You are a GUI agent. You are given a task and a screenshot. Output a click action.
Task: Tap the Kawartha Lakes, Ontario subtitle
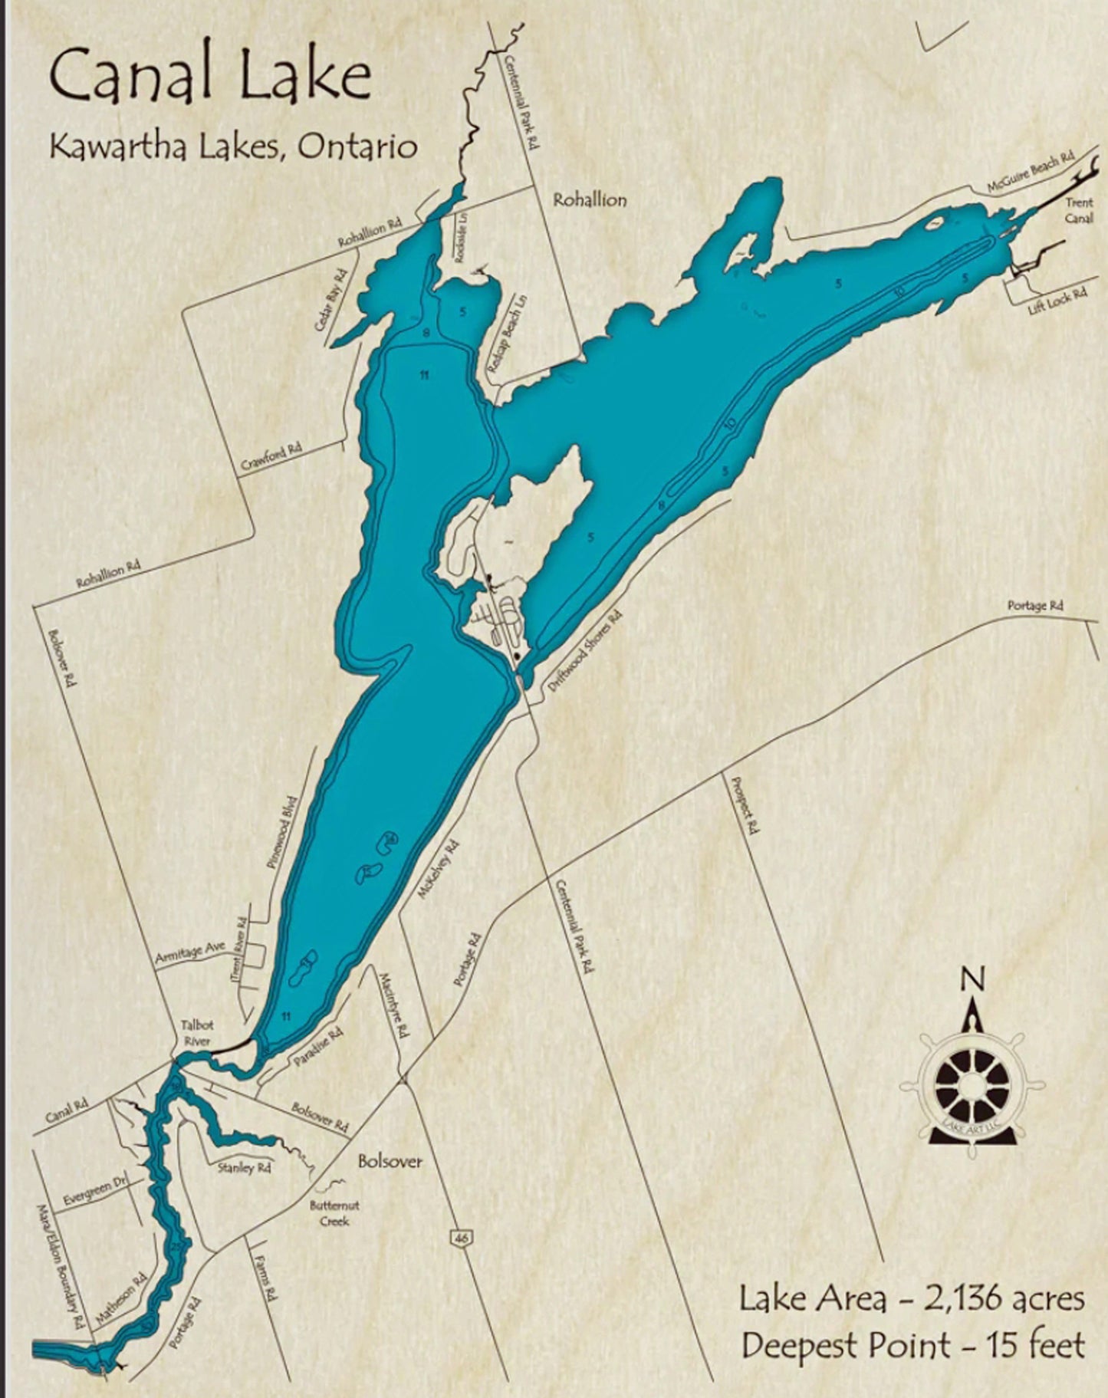point(233,146)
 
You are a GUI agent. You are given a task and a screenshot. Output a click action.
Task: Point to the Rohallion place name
point(590,200)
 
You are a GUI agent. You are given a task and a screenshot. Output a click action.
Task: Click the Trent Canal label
point(1078,211)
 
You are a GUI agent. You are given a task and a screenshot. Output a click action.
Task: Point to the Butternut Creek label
point(334,1212)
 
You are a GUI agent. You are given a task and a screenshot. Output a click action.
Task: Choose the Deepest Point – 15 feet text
point(912,1345)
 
